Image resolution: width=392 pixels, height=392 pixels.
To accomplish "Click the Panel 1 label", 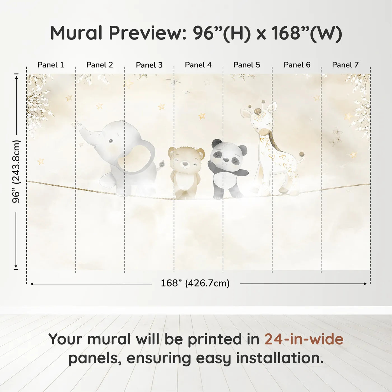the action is coord(51,65).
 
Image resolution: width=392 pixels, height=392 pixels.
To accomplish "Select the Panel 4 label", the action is coord(198,65).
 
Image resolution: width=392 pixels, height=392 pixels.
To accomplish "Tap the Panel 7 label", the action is coord(345,65).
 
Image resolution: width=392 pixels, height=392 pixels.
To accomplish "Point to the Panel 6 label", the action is coord(297,65).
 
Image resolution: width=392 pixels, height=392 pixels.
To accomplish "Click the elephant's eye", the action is coord(110,141).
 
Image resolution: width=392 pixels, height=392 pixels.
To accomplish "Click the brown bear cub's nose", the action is coord(185,163).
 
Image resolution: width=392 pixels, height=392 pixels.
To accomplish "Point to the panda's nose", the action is coord(225,160).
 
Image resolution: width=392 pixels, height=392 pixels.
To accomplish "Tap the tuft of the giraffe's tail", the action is coord(302,154).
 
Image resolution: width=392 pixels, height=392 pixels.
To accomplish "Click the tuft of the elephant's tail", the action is coord(162,163).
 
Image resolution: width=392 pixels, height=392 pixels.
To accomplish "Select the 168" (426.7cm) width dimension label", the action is coord(195,283).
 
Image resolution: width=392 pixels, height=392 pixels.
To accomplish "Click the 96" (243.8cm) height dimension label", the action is coord(16,171).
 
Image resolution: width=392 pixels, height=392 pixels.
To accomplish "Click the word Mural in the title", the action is coord(76,33).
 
